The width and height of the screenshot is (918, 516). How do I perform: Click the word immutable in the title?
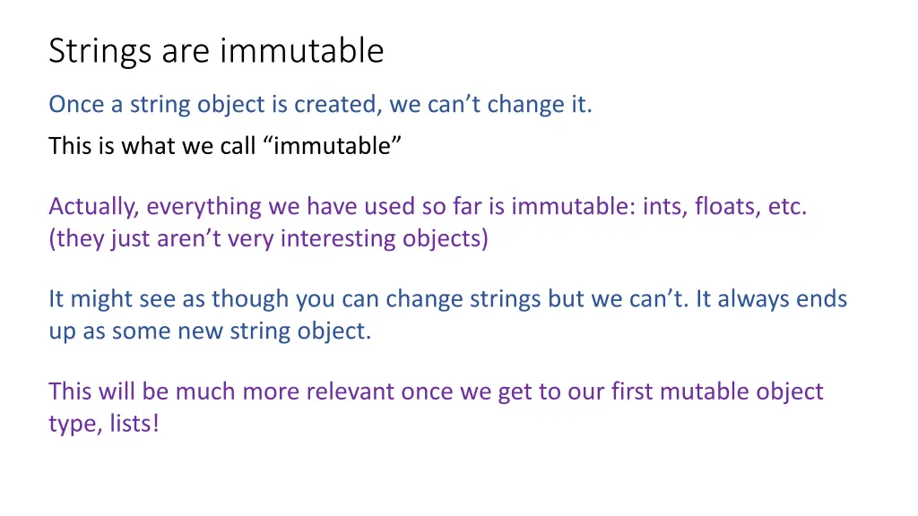pyautogui.click(x=301, y=51)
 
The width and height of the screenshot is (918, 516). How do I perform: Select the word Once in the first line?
pyautogui.click(x=76, y=105)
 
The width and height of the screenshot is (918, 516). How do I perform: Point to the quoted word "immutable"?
pyautogui.click(x=333, y=145)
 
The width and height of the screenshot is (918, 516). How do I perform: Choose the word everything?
pyautogui.click(x=206, y=207)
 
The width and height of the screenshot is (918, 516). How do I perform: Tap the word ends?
pyautogui.click(x=822, y=299)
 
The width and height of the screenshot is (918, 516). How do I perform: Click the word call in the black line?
pyautogui.click(x=238, y=145)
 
